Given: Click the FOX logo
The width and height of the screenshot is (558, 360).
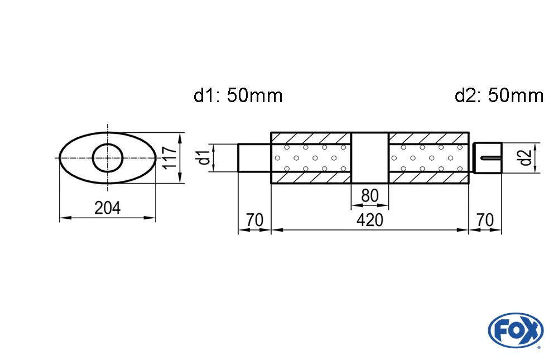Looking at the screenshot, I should [x=515, y=330].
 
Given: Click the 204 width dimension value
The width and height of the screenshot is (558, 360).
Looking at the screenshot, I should [x=107, y=208].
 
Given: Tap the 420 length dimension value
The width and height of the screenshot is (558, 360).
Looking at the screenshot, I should [x=370, y=220].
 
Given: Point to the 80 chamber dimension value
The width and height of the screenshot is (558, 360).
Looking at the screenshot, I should [x=369, y=195].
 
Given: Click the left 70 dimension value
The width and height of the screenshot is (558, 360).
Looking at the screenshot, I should [x=254, y=220].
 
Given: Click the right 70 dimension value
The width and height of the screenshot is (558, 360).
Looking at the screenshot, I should [x=485, y=220].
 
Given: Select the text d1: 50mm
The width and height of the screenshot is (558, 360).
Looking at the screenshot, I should [x=238, y=96].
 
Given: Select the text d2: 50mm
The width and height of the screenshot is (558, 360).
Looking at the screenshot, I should [x=499, y=96].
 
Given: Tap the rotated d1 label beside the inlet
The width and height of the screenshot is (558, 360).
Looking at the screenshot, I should [x=205, y=158].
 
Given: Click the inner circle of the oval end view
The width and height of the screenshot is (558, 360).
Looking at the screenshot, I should [x=107, y=158].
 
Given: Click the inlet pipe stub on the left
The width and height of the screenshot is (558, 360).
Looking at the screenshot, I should [x=254, y=158].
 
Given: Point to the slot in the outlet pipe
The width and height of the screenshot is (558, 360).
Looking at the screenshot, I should [x=490, y=159].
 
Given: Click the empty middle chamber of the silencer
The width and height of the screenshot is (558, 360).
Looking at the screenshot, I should [x=369, y=158].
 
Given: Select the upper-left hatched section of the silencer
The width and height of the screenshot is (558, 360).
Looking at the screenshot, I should [x=311, y=138].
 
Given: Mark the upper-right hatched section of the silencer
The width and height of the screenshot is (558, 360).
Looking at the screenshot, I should [x=428, y=138].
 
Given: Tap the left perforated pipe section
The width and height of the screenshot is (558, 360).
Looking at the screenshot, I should [x=311, y=158].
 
